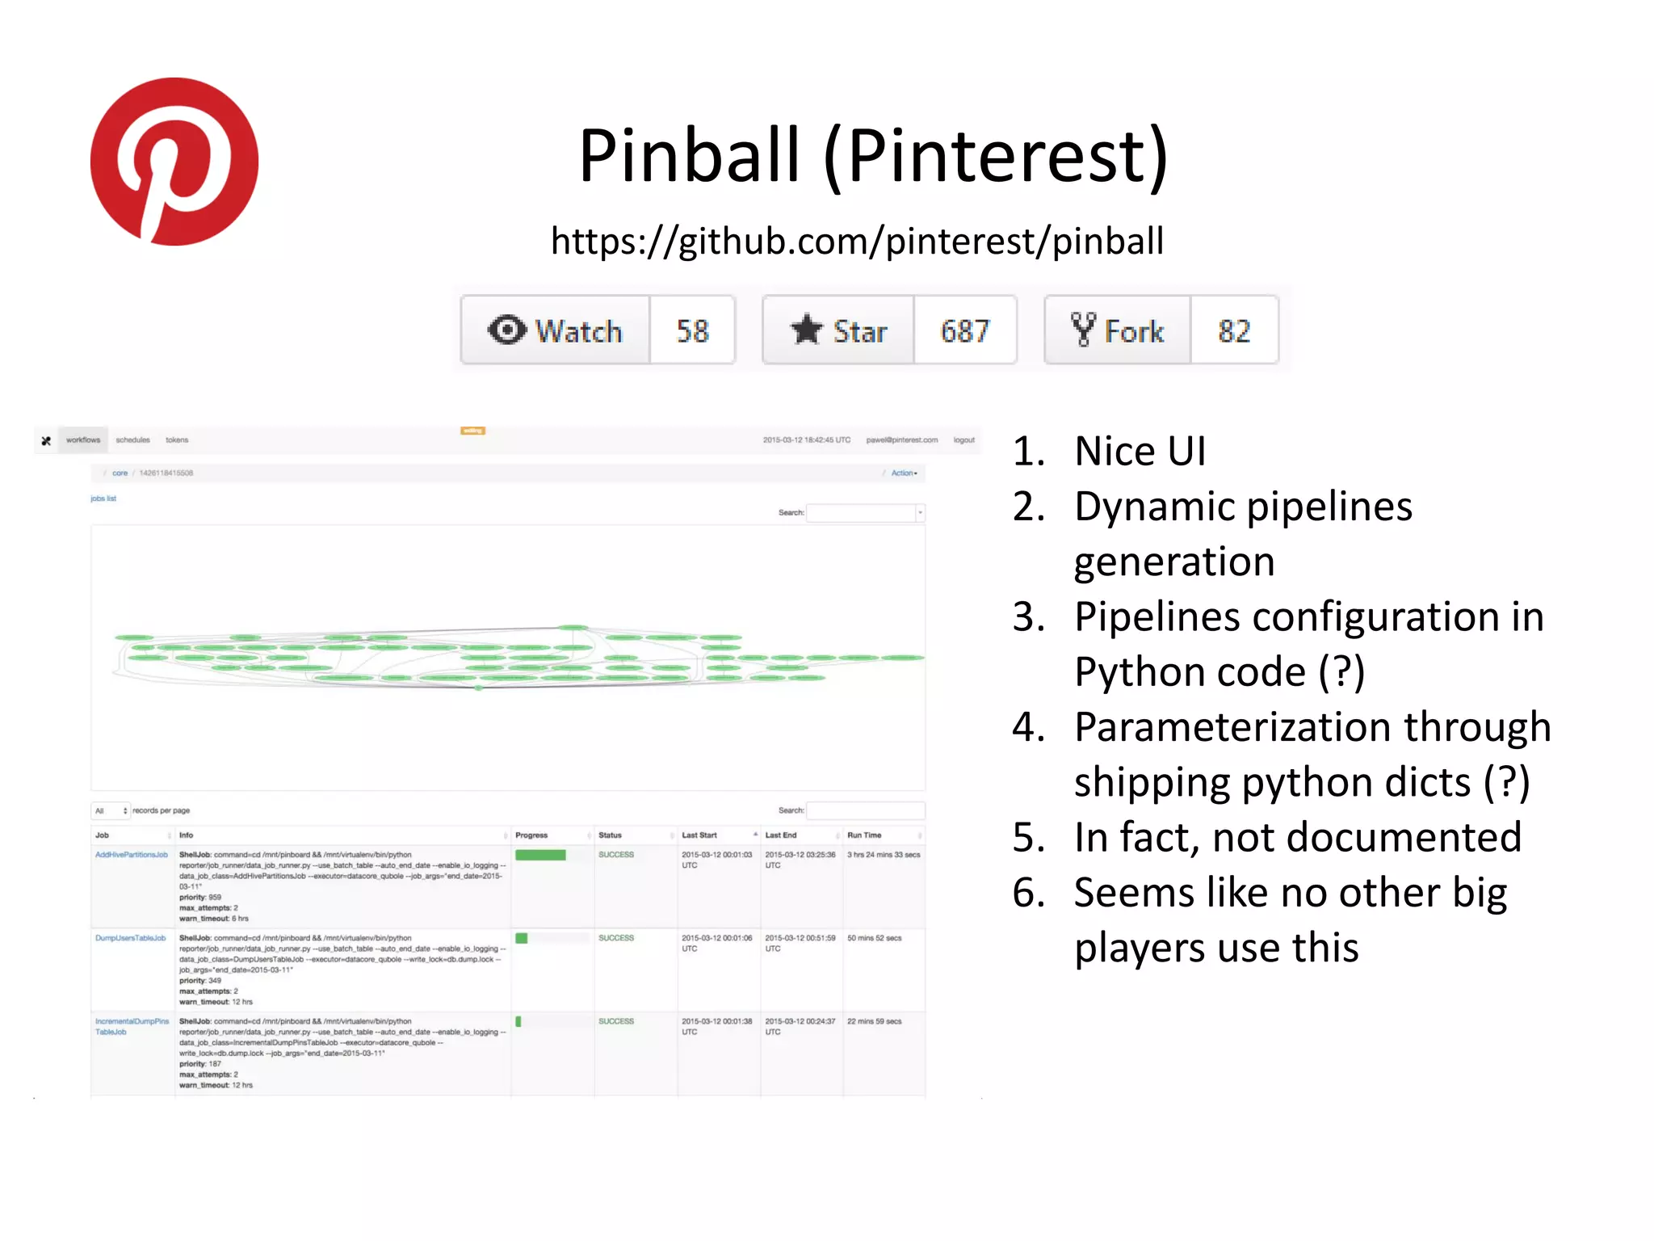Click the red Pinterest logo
(x=174, y=162)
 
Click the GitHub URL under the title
(x=857, y=242)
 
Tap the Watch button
(x=556, y=330)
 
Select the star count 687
(x=964, y=330)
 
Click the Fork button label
(x=1118, y=330)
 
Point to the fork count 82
(x=1233, y=330)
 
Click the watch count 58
(x=692, y=330)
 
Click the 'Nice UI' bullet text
(x=1140, y=451)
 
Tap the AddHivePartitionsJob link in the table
(x=132, y=855)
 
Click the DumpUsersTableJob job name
(x=130, y=938)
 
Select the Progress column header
(x=531, y=835)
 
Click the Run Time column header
(x=864, y=835)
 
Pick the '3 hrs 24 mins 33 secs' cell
(x=884, y=855)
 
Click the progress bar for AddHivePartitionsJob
(x=540, y=855)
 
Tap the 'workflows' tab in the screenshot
(x=83, y=440)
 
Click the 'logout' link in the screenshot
(x=963, y=440)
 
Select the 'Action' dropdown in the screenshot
(x=904, y=473)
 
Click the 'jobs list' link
(x=103, y=499)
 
